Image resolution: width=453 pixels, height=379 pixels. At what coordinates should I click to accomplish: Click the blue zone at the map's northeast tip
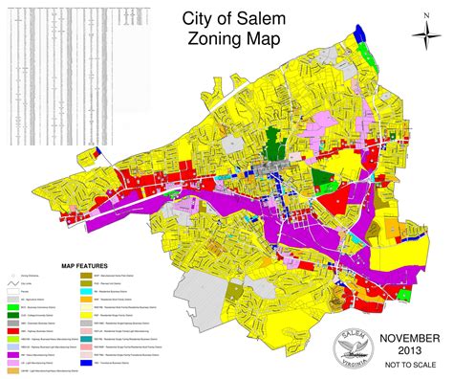[x=359, y=33]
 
